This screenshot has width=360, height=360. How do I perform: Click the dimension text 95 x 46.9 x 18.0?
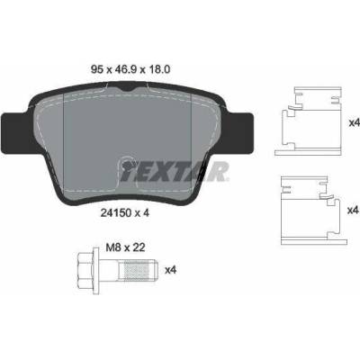pos(130,69)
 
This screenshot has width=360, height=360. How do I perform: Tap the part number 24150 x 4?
pos(125,212)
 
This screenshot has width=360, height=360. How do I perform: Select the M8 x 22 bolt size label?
pos(125,247)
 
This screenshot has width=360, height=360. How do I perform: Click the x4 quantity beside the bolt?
pos(171,270)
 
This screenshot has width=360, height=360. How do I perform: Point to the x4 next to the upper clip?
pos(355,122)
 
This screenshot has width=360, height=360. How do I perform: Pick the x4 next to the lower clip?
pos(353,211)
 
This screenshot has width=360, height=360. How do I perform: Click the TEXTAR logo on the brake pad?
pos(175,172)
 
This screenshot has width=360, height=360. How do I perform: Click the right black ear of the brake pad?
pos(240,133)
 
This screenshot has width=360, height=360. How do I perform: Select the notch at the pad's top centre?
pos(128,89)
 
